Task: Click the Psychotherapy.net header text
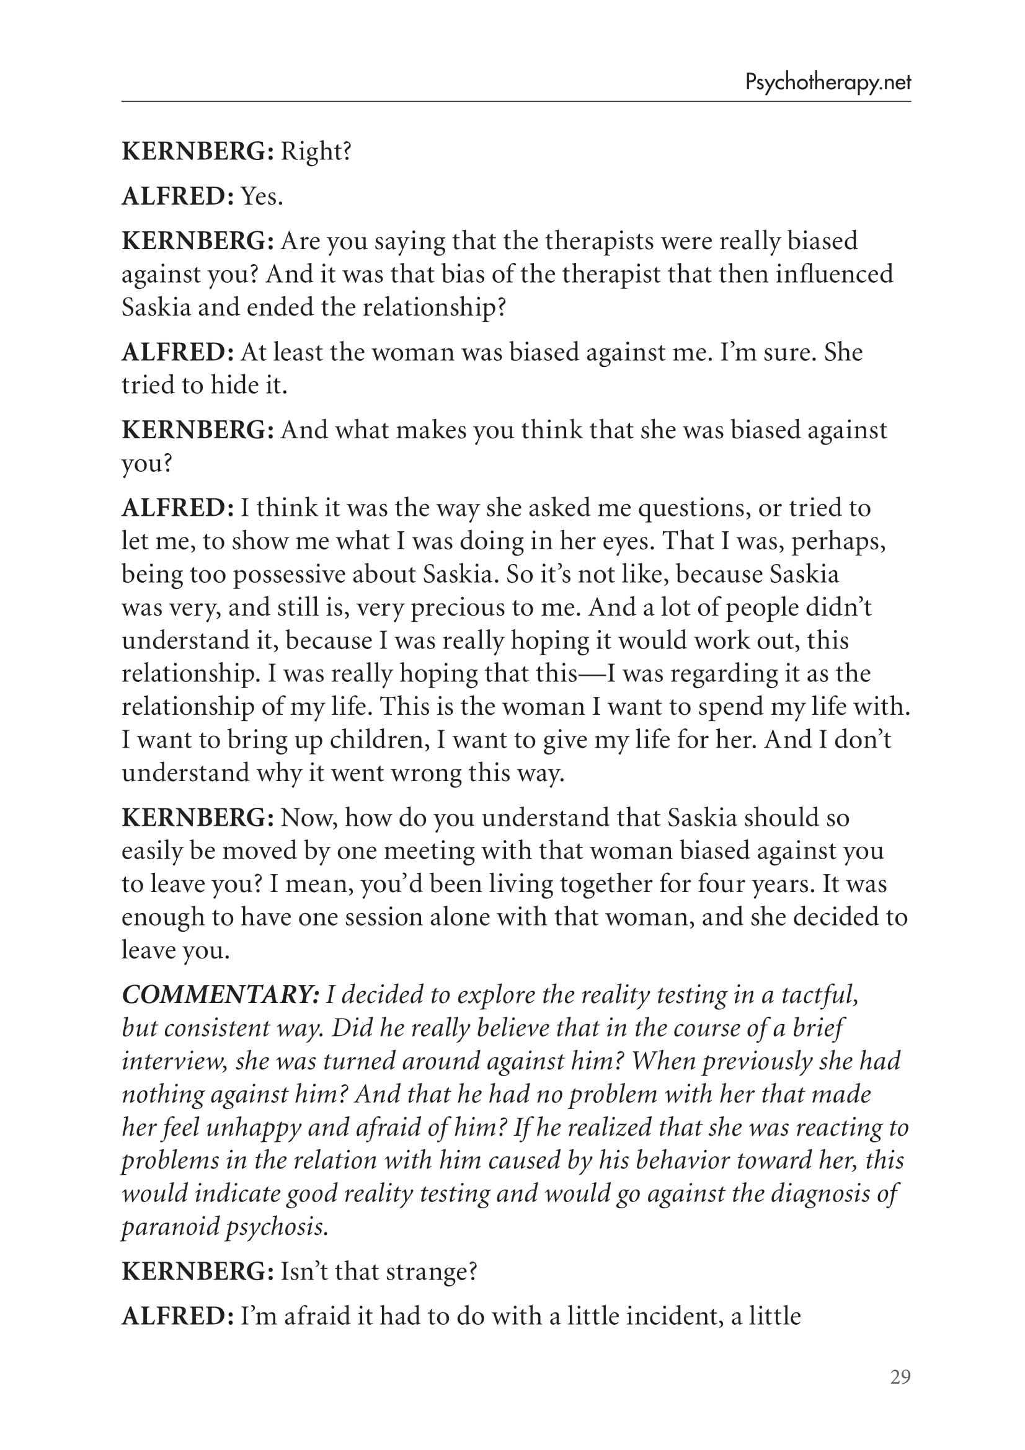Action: pyautogui.click(x=827, y=82)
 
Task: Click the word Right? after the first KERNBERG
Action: pyautogui.click(x=316, y=151)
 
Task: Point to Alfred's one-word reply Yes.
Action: pyautogui.click(x=262, y=197)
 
